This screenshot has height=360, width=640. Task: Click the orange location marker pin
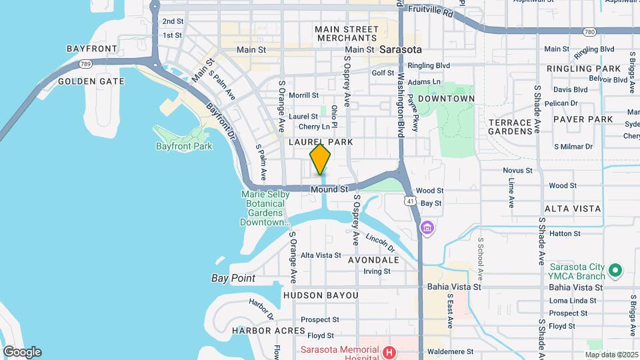tap(321, 160)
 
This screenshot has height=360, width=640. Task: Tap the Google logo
tap(22, 352)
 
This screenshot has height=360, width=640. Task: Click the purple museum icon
tap(427, 229)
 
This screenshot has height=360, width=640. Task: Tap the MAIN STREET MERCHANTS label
tap(347, 34)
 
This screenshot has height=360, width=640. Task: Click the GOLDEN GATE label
tap(91, 81)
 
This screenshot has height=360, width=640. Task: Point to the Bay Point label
tap(233, 278)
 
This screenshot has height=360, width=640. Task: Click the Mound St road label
tap(330, 189)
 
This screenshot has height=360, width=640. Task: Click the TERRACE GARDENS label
tap(514, 127)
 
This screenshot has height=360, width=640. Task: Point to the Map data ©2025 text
tap(611, 354)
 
